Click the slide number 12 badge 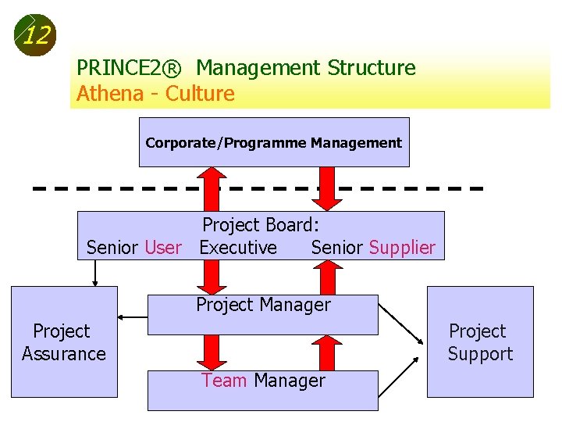pos(35,35)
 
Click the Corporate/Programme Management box pos(273,143)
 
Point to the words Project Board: pos(261,225)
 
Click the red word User pos(163,248)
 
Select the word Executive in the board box pos(238,248)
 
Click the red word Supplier pos(402,248)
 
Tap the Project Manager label pos(263,305)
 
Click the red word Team pos(224,381)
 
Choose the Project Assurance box pos(64,342)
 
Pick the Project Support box pos(480,342)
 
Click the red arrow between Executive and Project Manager pos(209,277)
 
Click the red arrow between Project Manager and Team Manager pos(209,352)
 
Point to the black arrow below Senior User pos(95,273)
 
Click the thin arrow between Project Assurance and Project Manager pos(133,317)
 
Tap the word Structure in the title pos(372,68)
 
